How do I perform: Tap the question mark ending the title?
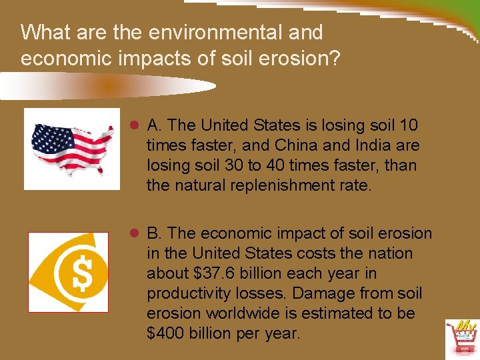pos(333,58)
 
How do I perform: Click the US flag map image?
pos(72,149)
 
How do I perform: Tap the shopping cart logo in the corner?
pos(462,339)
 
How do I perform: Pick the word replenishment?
pos(280,185)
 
